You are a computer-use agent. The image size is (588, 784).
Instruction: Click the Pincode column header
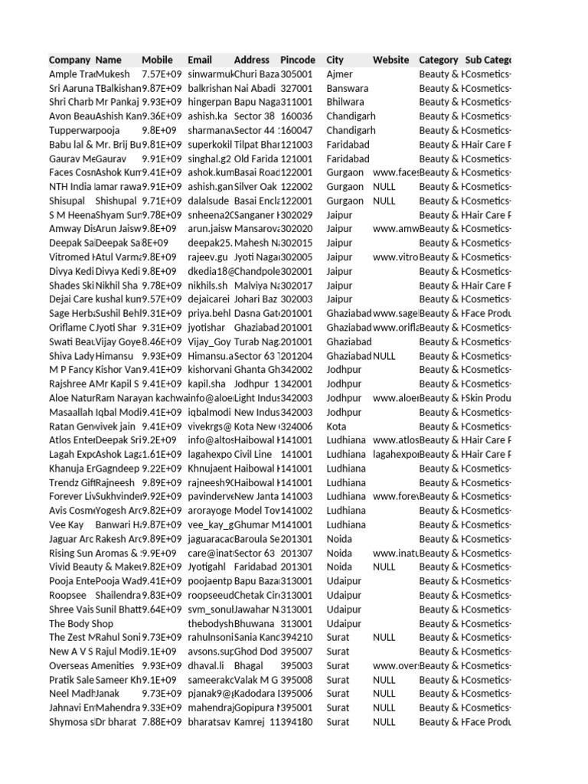click(x=298, y=60)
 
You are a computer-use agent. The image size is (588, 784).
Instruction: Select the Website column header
click(x=390, y=60)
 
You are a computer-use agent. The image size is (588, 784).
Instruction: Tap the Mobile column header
click(x=158, y=60)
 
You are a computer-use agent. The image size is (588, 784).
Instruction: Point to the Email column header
click(x=200, y=60)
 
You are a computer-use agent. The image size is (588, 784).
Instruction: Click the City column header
click(x=335, y=60)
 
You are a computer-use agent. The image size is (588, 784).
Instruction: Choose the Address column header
click(x=252, y=60)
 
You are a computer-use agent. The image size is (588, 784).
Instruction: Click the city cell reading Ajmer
click(x=340, y=74)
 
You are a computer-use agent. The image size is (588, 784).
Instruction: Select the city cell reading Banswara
click(x=348, y=88)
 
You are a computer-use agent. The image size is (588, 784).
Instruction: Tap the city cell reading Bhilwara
click(x=345, y=102)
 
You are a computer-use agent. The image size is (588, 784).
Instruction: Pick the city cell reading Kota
click(x=336, y=426)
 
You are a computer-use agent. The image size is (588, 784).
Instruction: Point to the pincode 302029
click(x=297, y=214)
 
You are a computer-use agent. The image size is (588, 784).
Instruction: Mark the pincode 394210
click(x=297, y=637)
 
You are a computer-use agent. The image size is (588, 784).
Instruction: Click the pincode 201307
click(x=297, y=553)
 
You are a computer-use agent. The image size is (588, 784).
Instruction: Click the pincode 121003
click(x=297, y=144)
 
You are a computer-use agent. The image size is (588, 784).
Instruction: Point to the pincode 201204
click(x=299, y=355)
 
